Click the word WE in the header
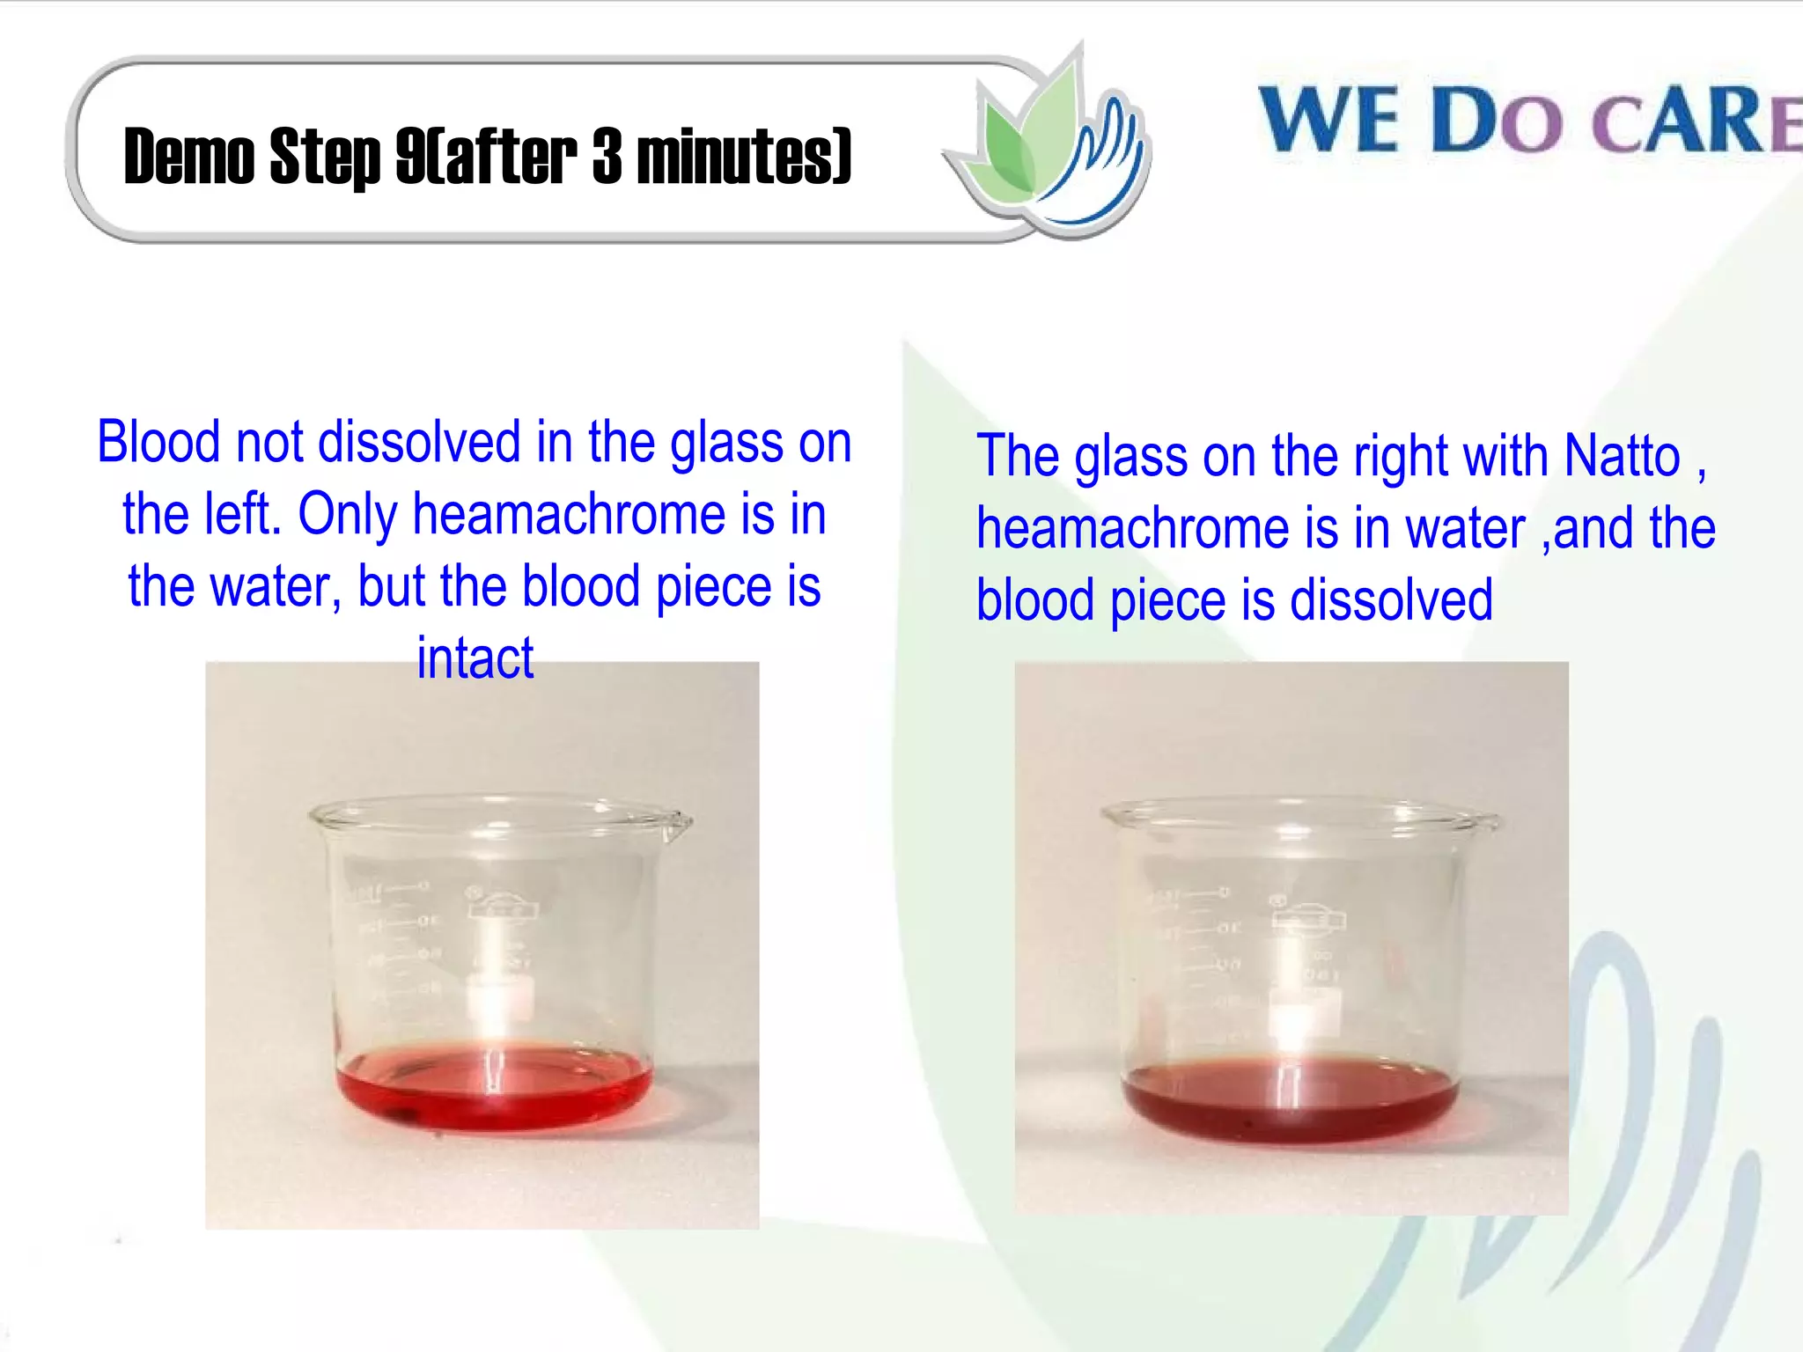[1328, 121]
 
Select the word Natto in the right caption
[1622, 456]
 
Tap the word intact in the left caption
[475, 658]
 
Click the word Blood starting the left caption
[158, 442]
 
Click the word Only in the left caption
[348, 514]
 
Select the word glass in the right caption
[1130, 456]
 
